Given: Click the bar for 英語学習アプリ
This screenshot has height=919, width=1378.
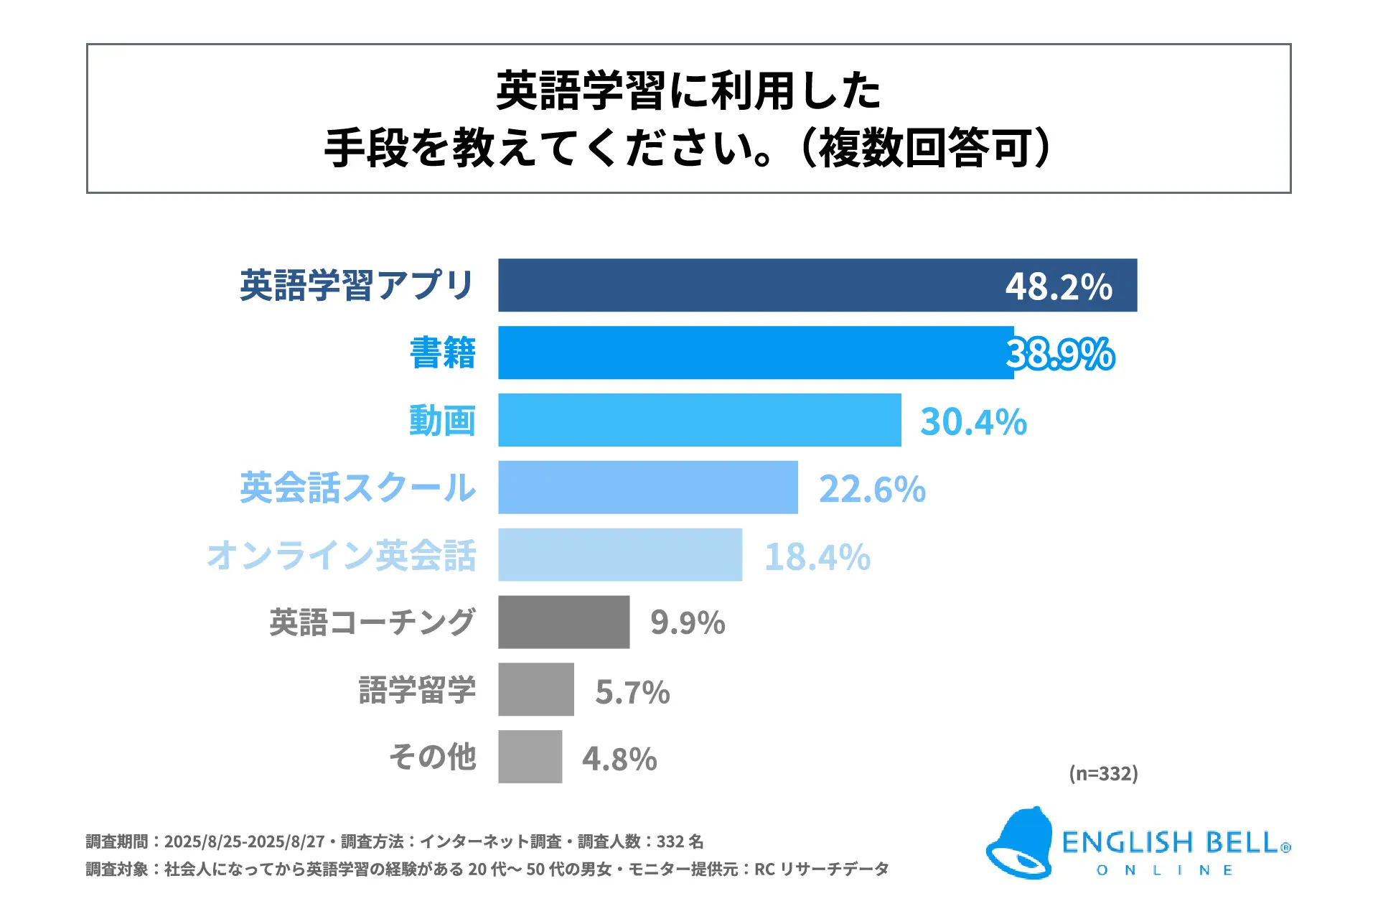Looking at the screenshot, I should point(746,285).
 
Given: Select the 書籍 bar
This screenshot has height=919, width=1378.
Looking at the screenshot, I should point(754,353).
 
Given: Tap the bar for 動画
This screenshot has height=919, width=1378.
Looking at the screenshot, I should point(700,420).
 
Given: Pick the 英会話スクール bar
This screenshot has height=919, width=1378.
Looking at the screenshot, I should point(648,488).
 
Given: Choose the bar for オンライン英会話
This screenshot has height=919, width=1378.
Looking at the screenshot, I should point(620,555).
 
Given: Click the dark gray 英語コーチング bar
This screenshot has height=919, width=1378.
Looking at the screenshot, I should point(564,622).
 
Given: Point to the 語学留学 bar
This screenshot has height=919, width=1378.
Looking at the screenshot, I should point(536,689).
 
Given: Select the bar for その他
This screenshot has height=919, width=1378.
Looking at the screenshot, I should point(530,757).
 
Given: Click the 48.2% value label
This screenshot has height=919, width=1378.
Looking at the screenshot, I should point(1059,286).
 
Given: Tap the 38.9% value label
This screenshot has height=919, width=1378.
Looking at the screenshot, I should point(1060,354).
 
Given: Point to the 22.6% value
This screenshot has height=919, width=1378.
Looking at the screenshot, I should point(872,489).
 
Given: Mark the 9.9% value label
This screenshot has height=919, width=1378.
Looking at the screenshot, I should point(688,623).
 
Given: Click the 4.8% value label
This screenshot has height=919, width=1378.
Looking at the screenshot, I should point(619,759).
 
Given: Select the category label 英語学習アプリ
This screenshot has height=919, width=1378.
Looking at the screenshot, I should point(357,286).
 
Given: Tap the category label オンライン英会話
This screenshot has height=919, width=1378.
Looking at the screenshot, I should point(342,556).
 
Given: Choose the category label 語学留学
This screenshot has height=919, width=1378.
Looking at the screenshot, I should point(417,690).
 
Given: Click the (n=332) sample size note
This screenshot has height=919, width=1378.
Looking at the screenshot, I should point(1103,773).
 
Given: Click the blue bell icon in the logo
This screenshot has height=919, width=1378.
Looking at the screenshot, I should point(1019,844).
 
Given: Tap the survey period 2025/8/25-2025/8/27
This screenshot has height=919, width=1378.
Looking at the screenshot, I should point(244,841).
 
